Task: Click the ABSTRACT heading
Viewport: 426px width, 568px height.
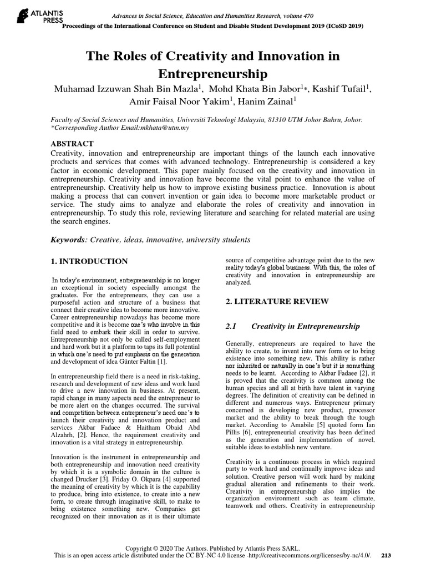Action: [x=72, y=143]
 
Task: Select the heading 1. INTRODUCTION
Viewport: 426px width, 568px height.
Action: [x=89, y=261]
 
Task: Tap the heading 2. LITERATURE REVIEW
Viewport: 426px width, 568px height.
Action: [x=277, y=301]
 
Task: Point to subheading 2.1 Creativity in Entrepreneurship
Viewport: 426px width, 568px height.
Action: [x=292, y=326]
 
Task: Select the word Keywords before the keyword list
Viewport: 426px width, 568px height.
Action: [x=68, y=240]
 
